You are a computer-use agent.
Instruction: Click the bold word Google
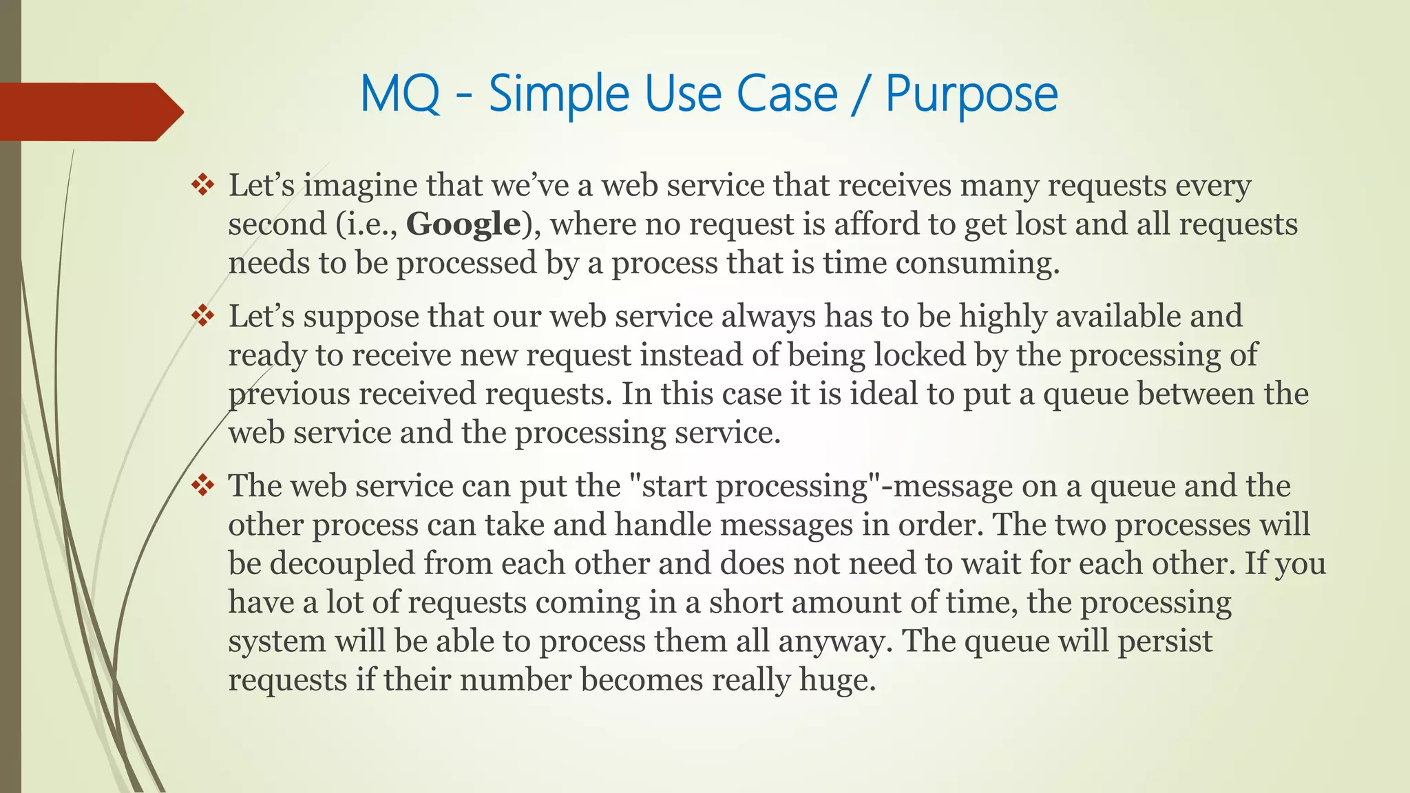[x=463, y=224]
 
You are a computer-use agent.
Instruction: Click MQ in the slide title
[x=400, y=94]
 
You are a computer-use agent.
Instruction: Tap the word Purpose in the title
[x=971, y=94]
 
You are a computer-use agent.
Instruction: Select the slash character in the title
[x=861, y=94]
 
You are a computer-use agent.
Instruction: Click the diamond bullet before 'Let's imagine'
[x=203, y=184]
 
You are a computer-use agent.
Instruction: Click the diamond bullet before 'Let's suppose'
[x=203, y=316]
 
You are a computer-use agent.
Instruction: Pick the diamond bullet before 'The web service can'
[x=203, y=486]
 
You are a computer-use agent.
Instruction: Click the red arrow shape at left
[x=90, y=112]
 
